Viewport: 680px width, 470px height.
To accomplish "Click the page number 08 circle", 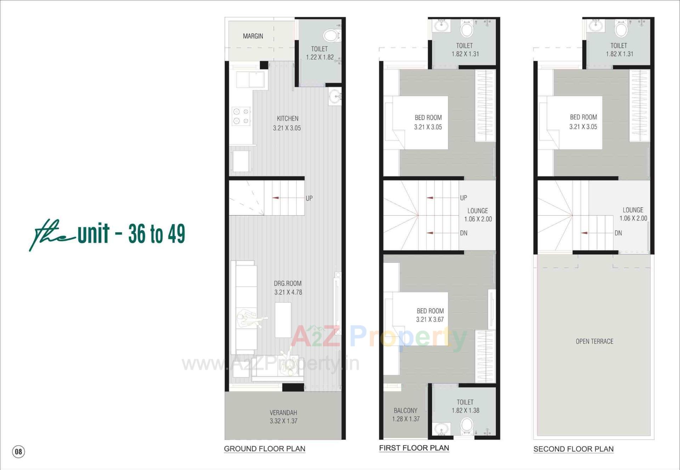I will point(18,452).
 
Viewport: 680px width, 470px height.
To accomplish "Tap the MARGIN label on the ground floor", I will point(253,36).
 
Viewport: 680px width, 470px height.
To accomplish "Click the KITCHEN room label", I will point(288,119).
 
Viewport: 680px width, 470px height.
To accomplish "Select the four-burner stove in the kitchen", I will point(241,116).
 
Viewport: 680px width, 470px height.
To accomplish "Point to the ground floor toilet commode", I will point(331,36).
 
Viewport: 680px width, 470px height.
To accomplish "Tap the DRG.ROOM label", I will point(288,283).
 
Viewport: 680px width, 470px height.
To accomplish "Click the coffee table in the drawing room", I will point(283,320).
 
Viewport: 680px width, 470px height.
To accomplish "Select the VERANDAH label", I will point(283,413).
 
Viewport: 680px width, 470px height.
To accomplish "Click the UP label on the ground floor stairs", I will point(309,198).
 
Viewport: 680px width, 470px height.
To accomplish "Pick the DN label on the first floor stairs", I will point(464,233).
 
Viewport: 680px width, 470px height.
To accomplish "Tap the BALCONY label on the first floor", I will point(406,411).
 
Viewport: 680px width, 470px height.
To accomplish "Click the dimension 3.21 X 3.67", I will point(430,320).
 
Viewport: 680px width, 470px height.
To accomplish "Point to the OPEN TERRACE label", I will point(594,342).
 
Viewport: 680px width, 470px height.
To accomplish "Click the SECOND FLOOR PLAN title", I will point(573,449).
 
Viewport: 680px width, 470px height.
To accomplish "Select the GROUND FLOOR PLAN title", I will point(265,449).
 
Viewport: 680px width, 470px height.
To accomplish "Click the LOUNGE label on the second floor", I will point(633,210).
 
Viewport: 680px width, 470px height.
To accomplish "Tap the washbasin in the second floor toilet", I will point(596,26).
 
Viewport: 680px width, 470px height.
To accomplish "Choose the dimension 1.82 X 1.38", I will point(465,411).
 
